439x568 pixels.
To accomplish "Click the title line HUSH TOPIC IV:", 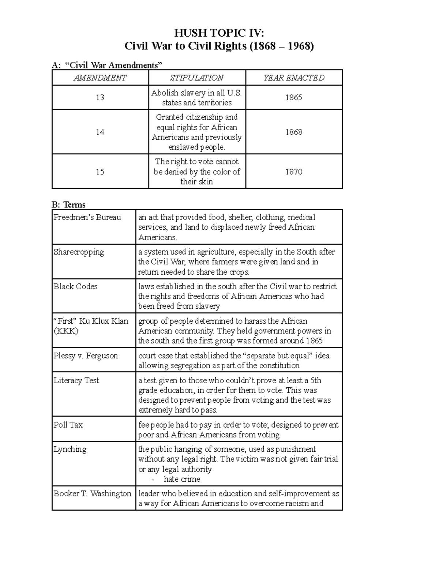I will click(x=219, y=33).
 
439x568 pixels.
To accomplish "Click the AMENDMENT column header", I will click(x=100, y=78).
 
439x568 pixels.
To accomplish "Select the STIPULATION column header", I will click(x=197, y=78).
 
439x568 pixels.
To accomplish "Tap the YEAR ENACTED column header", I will click(x=294, y=78).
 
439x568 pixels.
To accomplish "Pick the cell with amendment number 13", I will click(x=100, y=98).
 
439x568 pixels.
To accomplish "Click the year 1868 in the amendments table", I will click(x=294, y=132).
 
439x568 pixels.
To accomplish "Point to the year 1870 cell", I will click(x=294, y=172).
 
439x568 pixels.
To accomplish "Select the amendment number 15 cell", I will click(x=100, y=172).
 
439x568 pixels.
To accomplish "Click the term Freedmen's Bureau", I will click(x=87, y=217).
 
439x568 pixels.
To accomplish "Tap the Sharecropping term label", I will click(x=79, y=252).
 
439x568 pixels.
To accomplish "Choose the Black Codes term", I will click(x=75, y=286).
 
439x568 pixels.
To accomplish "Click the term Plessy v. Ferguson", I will click(x=86, y=356).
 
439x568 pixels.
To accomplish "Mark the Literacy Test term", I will click(x=76, y=380).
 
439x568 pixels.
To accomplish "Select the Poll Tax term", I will click(x=68, y=425).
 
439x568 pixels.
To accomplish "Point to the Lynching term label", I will click(x=70, y=449).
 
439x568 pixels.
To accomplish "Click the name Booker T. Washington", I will click(x=92, y=493).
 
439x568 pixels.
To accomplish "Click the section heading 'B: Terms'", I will click(x=69, y=205).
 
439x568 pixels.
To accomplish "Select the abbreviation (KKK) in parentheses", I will click(x=66, y=331).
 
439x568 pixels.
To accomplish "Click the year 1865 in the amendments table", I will click(x=294, y=98).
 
